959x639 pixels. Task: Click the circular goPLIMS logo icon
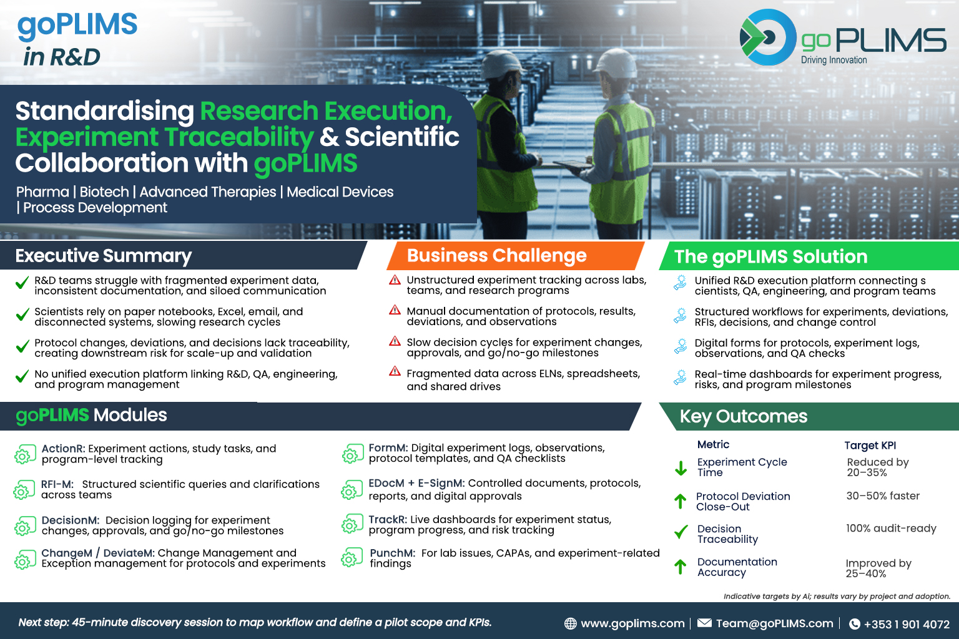(767, 37)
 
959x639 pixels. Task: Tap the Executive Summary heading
(104, 255)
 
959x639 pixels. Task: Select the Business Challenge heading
(496, 255)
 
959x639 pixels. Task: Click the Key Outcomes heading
(744, 416)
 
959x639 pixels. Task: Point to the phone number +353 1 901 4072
(907, 624)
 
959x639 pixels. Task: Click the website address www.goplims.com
(632, 623)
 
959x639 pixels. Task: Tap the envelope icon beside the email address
(704, 623)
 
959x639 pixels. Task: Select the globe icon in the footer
(570, 623)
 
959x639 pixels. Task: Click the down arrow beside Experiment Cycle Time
(681, 468)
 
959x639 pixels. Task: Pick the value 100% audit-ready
(891, 528)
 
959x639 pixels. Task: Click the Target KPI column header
(870, 445)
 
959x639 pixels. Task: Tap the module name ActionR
(63, 449)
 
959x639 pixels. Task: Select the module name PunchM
(392, 553)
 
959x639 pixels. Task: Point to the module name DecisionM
(70, 520)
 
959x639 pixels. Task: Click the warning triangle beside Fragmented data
(395, 371)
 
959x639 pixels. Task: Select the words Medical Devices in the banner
(340, 192)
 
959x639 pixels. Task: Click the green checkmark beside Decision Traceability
(681, 532)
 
